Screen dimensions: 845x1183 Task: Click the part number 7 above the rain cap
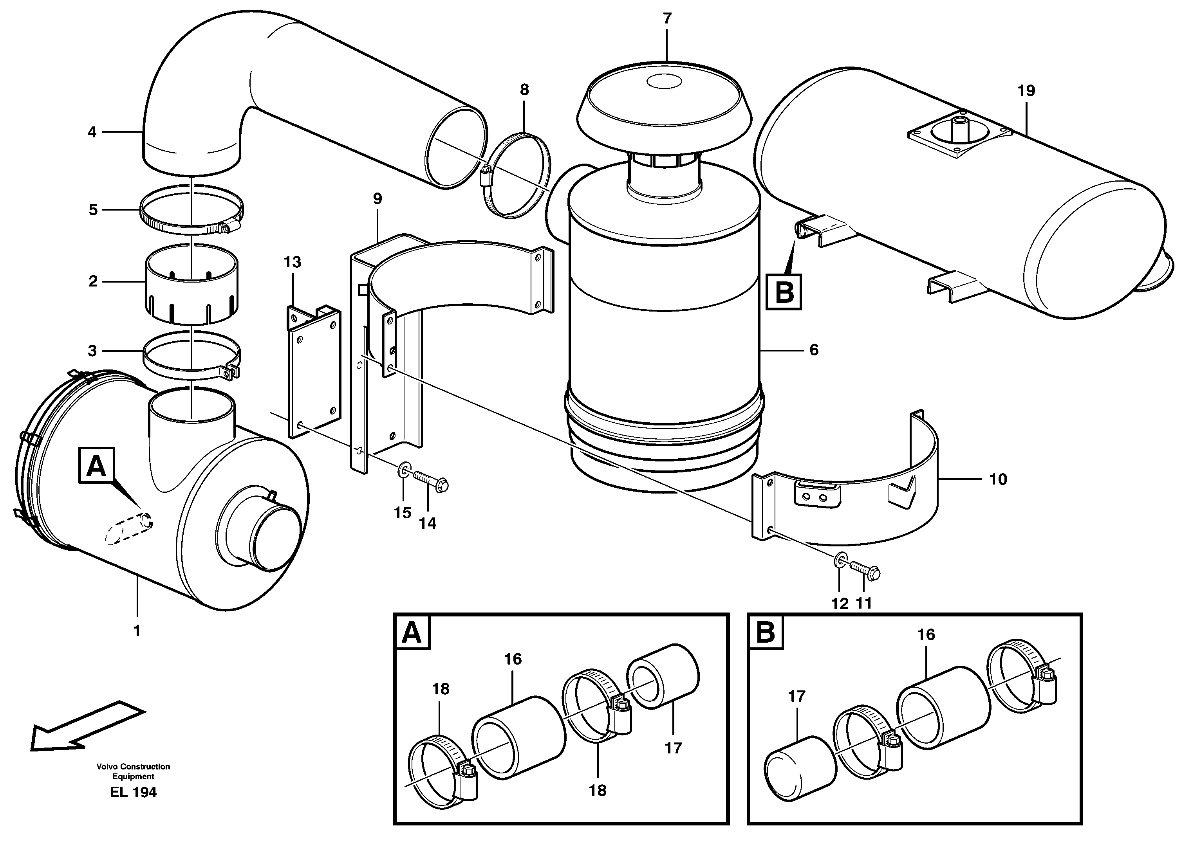click(667, 19)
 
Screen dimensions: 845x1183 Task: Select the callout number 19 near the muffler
click(1026, 91)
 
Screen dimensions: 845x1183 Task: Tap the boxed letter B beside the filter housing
click(784, 292)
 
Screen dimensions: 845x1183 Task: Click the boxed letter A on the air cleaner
click(96, 466)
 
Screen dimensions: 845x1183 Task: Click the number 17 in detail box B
click(797, 696)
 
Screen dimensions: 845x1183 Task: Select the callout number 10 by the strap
click(998, 479)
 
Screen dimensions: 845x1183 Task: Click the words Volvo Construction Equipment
click(133, 771)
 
